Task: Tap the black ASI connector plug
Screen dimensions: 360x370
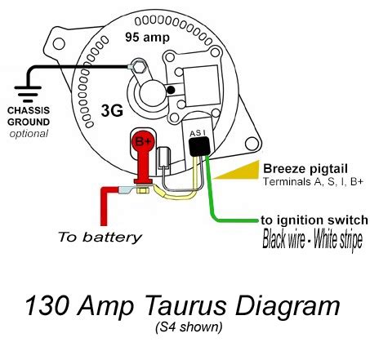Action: tap(198, 144)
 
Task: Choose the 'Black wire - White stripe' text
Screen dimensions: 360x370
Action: tap(311, 241)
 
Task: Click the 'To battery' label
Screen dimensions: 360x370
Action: tap(99, 238)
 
